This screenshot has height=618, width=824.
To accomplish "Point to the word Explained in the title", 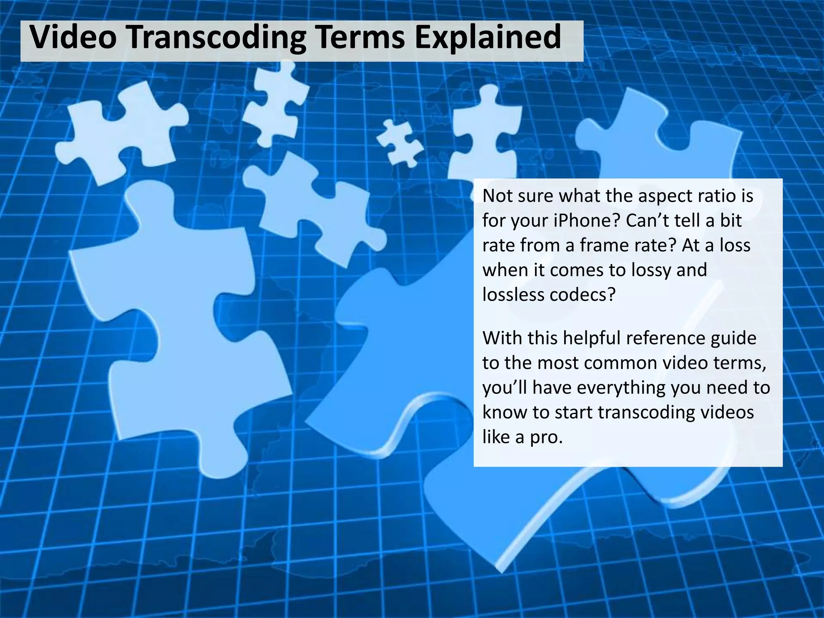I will (488, 37).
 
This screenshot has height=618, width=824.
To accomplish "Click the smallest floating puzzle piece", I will (399, 143).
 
